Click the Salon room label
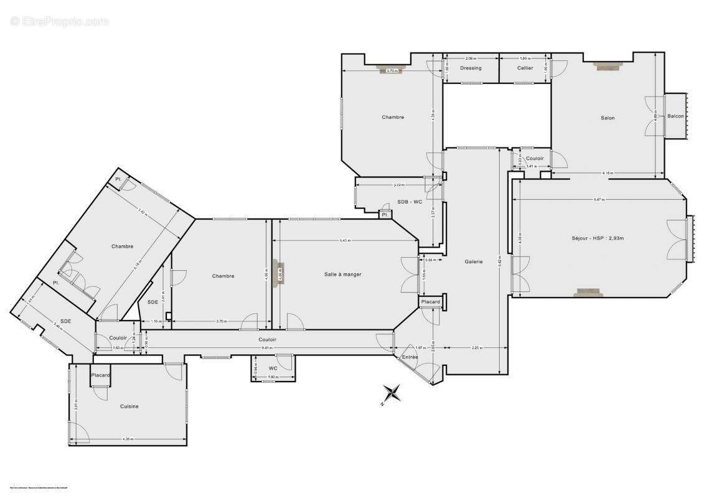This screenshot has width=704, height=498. [x=608, y=118]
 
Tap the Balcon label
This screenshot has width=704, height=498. [x=675, y=116]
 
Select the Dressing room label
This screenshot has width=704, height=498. [x=471, y=68]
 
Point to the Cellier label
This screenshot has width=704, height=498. [x=525, y=68]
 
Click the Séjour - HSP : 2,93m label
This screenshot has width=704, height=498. [x=598, y=238]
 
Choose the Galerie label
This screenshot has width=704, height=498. [x=474, y=262]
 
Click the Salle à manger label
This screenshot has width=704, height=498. [x=342, y=275]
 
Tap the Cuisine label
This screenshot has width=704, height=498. [x=129, y=406]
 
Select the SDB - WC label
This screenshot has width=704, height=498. [x=410, y=202]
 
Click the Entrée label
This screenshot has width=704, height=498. [x=410, y=357]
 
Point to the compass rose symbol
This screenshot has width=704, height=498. [x=392, y=393]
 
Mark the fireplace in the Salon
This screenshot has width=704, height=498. [x=605, y=66]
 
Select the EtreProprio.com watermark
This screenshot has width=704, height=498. [x=59, y=22]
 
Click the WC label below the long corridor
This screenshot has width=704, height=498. [x=273, y=368]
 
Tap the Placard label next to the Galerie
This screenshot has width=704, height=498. [x=430, y=302]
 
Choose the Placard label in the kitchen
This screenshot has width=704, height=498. [x=100, y=375]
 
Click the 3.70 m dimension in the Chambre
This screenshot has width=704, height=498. [x=220, y=321]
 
